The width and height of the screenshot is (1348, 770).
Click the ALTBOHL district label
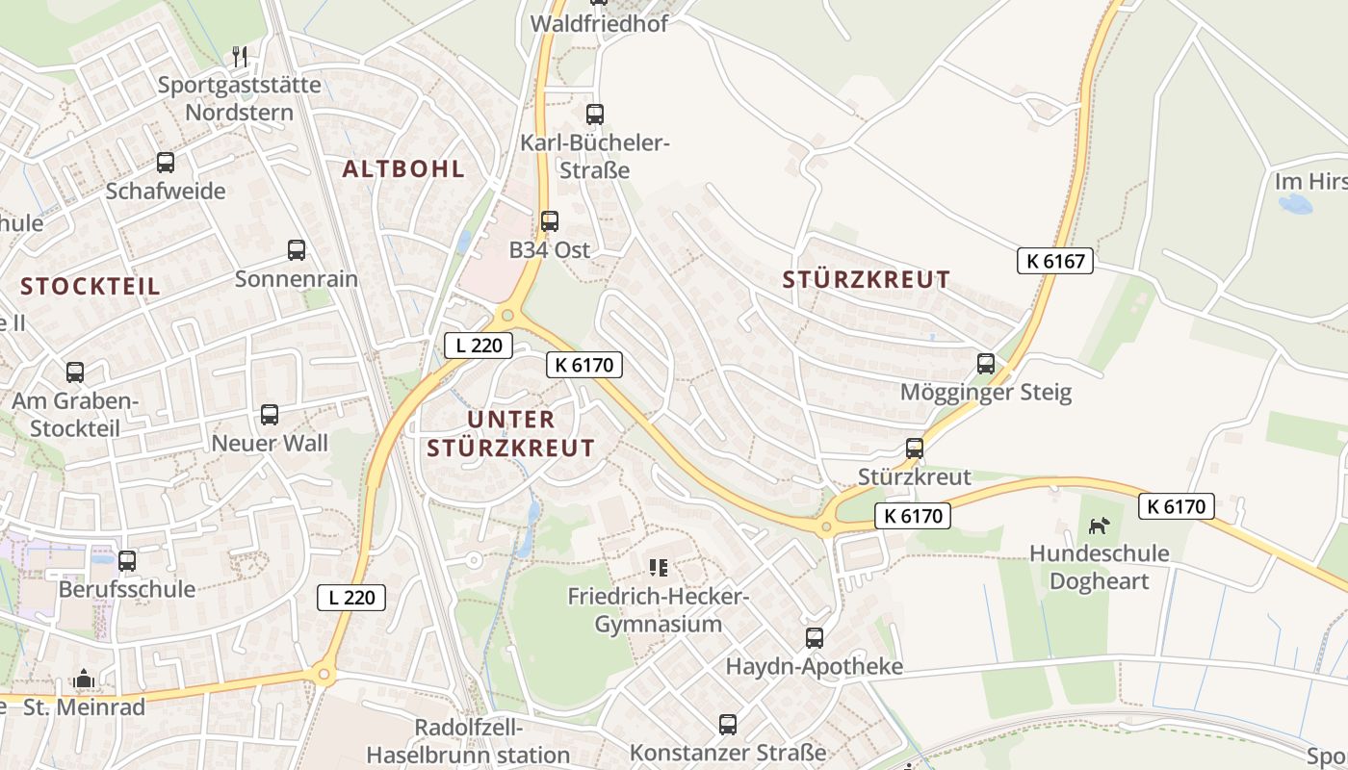[403, 169]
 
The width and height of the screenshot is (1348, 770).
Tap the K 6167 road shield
[1055, 260]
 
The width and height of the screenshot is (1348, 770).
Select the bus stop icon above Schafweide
[166, 163]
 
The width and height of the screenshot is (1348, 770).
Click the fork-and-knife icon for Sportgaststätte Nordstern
[241, 57]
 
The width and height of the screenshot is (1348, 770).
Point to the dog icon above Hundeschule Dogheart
[1099, 526]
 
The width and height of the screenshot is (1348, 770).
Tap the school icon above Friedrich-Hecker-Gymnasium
[659, 568]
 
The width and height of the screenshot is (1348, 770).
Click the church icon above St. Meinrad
[84, 680]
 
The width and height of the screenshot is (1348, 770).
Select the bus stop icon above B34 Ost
[550, 221]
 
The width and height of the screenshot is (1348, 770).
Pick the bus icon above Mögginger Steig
[986, 364]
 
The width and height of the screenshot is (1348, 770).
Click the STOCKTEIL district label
[91, 287]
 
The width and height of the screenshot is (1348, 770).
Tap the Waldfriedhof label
[599, 24]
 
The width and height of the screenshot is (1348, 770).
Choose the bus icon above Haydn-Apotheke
[815, 638]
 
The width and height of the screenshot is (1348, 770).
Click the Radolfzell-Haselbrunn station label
[468, 741]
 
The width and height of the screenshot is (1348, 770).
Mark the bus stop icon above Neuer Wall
[270, 415]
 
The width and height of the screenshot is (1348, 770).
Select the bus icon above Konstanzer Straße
[728, 724]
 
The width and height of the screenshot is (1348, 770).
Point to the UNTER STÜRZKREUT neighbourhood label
[510, 434]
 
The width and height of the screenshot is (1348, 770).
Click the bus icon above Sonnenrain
[297, 250]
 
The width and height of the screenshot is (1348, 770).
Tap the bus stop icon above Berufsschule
[127, 560]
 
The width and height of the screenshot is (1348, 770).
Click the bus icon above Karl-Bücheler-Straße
[595, 115]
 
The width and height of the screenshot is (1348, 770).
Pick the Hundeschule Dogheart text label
[1099, 567]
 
